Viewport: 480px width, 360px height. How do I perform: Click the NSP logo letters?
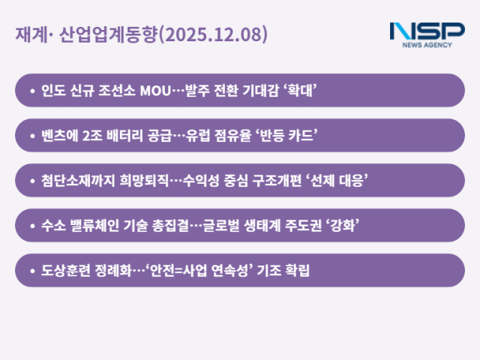pyautogui.click(x=427, y=32)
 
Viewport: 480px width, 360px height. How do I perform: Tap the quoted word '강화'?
pyautogui.click(x=342, y=226)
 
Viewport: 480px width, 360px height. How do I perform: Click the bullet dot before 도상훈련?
pyautogui.click(x=32, y=271)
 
